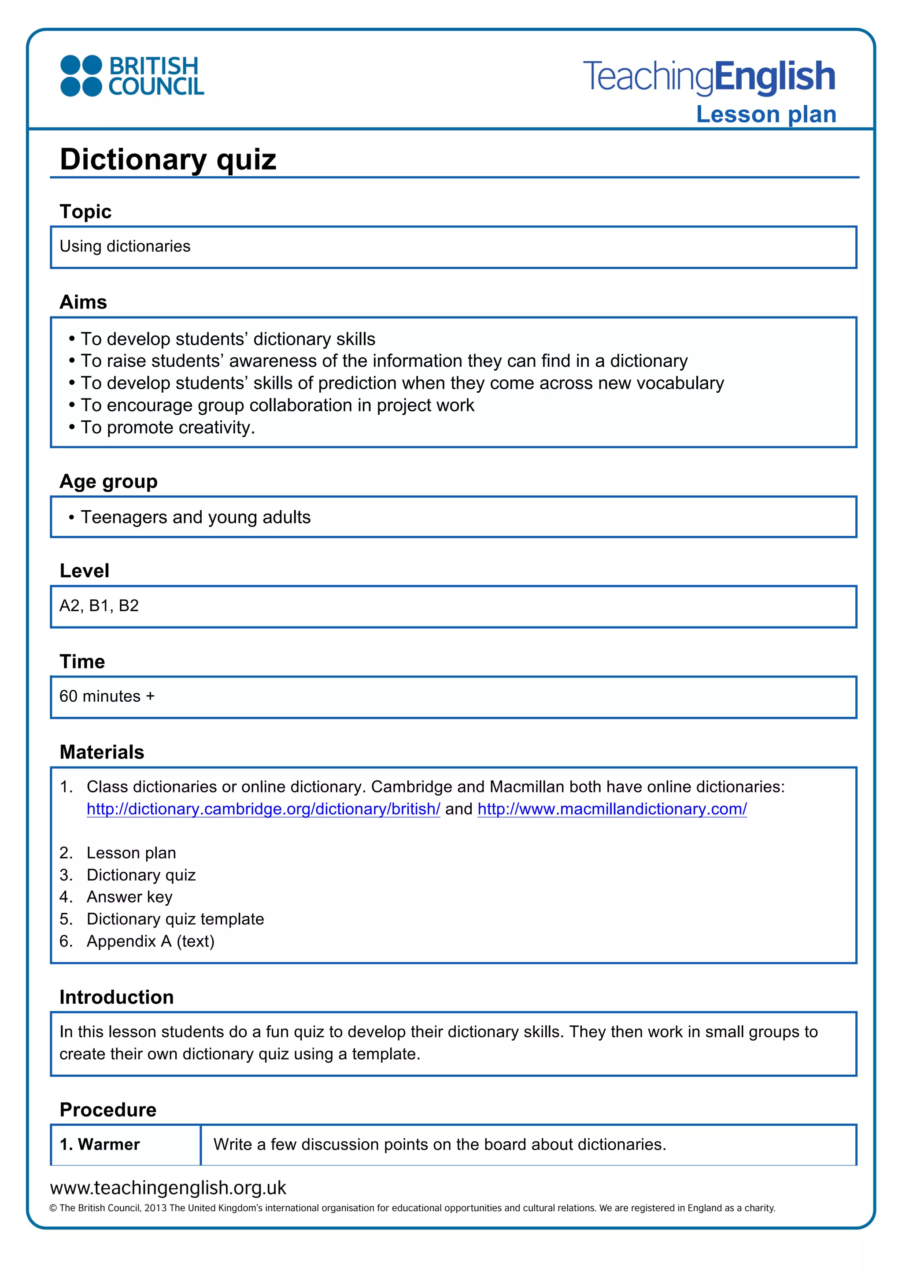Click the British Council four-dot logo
click(81, 76)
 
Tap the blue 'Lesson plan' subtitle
click(766, 114)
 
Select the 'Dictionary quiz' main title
click(168, 159)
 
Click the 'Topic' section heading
click(85, 212)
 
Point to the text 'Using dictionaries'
click(125, 246)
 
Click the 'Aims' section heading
click(83, 302)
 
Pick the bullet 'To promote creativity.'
click(167, 427)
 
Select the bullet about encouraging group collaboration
click(277, 405)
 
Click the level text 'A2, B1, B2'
click(99, 605)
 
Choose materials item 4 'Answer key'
click(129, 897)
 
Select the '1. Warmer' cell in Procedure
click(100, 1145)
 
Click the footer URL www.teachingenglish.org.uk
click(168, 1187)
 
